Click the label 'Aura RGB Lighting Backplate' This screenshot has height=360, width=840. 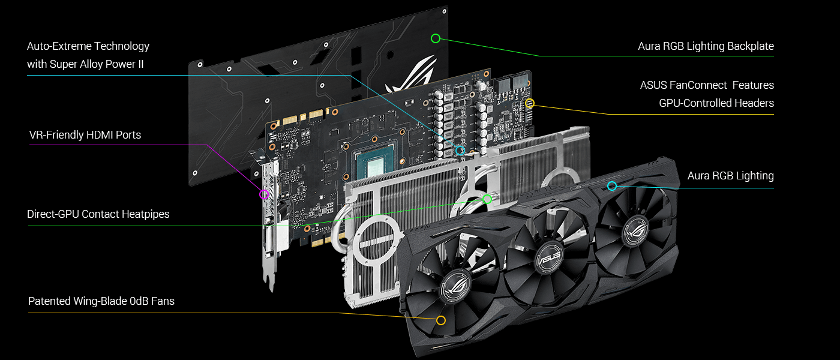(706, 46)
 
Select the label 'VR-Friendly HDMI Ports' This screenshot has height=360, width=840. (85, 135)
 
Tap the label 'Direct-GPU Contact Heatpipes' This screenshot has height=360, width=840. (98, 214)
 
